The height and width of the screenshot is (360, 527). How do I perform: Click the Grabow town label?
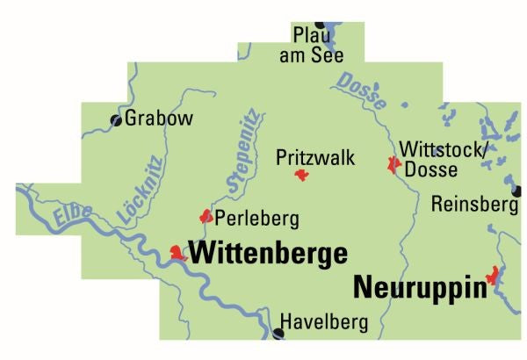(x=159, y=119)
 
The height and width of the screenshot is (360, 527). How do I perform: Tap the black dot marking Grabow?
(x=115, y=120)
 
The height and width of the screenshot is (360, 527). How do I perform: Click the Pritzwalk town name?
(x=315, y=158)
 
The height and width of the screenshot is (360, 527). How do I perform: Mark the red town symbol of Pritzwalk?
(x=302, y=176)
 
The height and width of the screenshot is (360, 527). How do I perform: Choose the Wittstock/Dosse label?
(x=442, y=158)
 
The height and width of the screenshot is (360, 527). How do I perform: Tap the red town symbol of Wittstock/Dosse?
(x=393, y=164)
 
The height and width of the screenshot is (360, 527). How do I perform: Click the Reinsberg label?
(x=475, y=205)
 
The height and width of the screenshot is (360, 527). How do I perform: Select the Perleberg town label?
(x=257, y=217)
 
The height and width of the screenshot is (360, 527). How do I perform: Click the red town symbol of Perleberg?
(x=206, y=215)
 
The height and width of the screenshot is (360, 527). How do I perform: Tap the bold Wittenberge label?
(x=269, y=254)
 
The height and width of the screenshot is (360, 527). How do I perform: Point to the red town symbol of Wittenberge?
(x=179, y=254)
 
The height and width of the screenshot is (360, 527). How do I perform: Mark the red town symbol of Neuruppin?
(x=494, y=276)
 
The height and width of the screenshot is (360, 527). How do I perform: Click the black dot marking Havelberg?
(x=279, y=333)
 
